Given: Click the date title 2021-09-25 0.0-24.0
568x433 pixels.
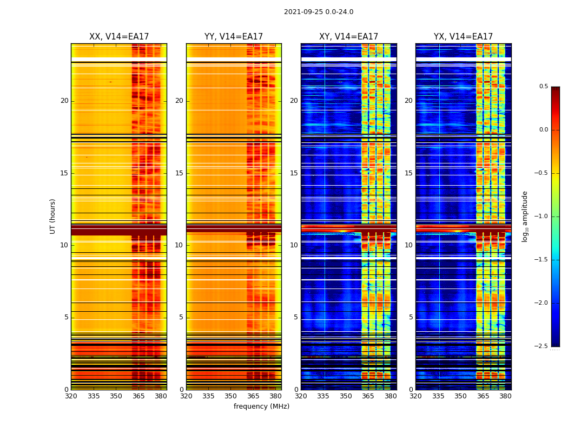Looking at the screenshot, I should click(319, 12).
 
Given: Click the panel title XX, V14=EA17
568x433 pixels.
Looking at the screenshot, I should click(119, 37).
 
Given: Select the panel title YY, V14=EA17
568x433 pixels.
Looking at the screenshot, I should click(234, 37).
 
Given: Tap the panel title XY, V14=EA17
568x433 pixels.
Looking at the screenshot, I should click(348, 37).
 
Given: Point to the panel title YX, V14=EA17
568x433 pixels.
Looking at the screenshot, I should click(463, 37).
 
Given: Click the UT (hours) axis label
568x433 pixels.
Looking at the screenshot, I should click(53, 216).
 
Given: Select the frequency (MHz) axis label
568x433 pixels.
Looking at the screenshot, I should click(261, 406).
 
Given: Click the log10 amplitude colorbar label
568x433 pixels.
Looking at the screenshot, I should click(525, 216).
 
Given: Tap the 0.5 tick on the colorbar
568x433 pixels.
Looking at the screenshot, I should click(543, 87).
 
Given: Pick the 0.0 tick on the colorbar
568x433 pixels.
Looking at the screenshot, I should click(543, 130).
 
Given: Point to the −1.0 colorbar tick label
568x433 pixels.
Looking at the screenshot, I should click(541, 216).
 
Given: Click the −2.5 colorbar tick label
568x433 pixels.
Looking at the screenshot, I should click(541, 346).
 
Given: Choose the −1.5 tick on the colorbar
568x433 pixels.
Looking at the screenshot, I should click(541, 260).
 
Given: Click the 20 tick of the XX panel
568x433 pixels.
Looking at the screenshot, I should click(64, 101).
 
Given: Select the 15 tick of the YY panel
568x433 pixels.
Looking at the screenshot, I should click(179, 173).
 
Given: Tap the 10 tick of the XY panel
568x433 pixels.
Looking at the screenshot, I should click(294, 245).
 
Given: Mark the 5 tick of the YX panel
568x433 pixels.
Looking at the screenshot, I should click(411, 317).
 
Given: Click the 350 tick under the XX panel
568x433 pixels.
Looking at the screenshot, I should click(116, 396).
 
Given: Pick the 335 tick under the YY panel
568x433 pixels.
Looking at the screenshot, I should click(208, 396).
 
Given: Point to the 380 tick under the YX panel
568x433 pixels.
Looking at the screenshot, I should click(505, 396).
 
